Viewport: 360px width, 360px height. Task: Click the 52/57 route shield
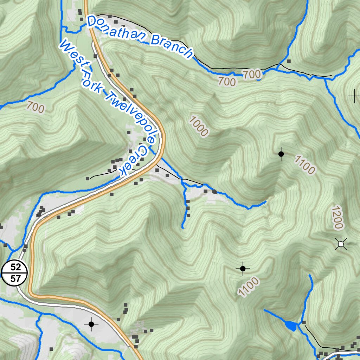tap(14, 274)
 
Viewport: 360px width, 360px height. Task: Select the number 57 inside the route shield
tap(14, 279)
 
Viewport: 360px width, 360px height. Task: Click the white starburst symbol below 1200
tap(340, 244)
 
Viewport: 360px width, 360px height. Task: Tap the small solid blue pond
tap(290, 326)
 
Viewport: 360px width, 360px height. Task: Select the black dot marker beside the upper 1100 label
tap(281, 154)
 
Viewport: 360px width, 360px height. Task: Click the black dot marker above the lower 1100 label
tap(243, 269)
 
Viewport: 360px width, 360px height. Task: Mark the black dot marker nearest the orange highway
tap(91, 324)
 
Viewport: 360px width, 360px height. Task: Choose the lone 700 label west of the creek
tap(36, 107)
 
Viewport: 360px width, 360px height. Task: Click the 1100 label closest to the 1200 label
tap(304, 165)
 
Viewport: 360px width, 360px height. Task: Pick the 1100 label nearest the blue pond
tap(249, 286)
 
